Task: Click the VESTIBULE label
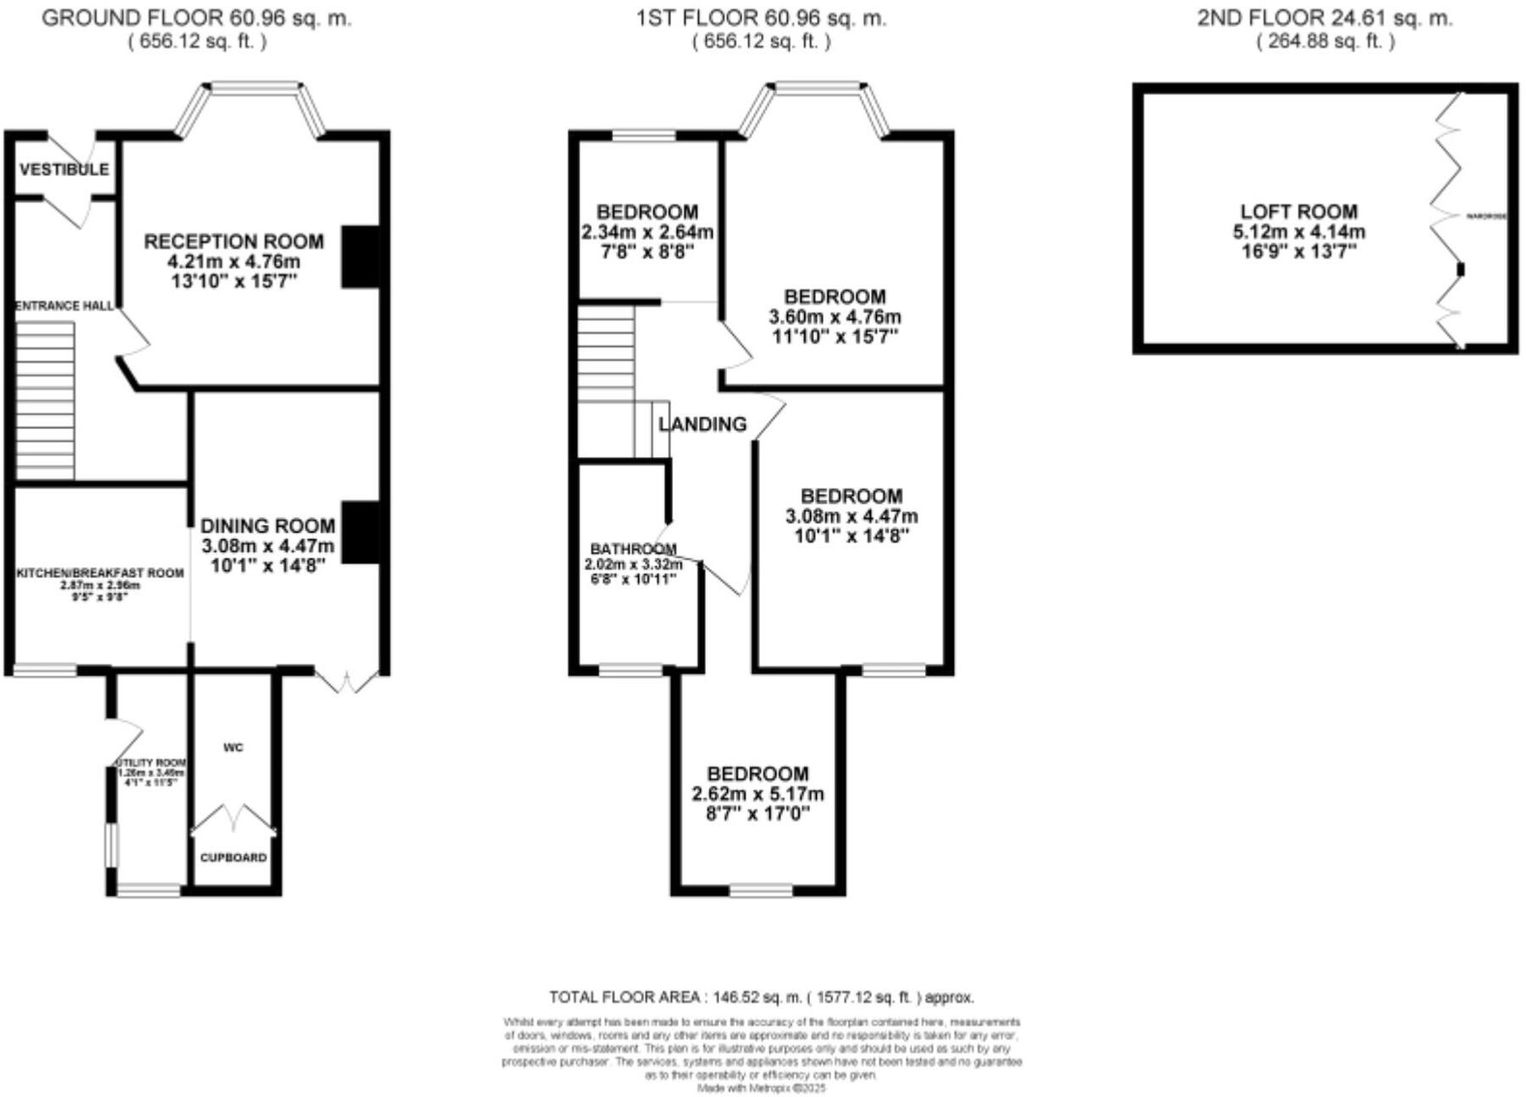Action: pyautogui.click(x=64, y=169)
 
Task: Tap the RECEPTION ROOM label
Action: pyautogui.click(x=234, y=242)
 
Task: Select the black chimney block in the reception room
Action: pyautogui.click(x=360, y=256)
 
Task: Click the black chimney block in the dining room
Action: pyautogui.click(x=360, y=532)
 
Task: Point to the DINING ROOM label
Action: pyautogui.click(x=267, y=526)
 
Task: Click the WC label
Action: pyautogui.click(x=234, y=747)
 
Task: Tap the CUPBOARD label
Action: pyautogui.click(x=234, y=857)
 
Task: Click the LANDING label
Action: pyautogui.click(x=702, y=424)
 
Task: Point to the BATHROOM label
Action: pyautogui.click(x=633, y=548)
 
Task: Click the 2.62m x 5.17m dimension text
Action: pyautogui.click(x=757, y=794)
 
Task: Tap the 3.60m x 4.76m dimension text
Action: pyautogui.click(x=835, y=317)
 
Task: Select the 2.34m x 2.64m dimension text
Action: pyautogui.click(x=647, y=232)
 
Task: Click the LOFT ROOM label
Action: pyautogui.click(x=1298, y=212)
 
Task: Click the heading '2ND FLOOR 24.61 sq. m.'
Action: pyautogui.click(x=1324, y=18)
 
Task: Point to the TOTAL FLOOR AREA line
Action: pyautogui.click(x=761, y=997)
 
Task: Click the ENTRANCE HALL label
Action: pyautogui.click(x=64, y=306)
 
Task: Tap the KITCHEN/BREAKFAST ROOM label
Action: pyautogui.click(x=100, y=573)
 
